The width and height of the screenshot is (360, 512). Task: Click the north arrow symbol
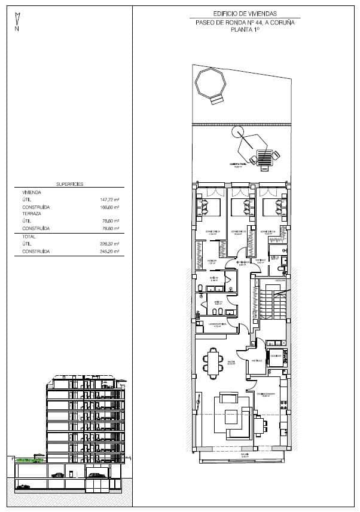(x=17, y=22)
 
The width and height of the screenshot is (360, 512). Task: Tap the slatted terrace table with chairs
(x=264, y=157)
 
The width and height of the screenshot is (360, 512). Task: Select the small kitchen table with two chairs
(x=261, y=425)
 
